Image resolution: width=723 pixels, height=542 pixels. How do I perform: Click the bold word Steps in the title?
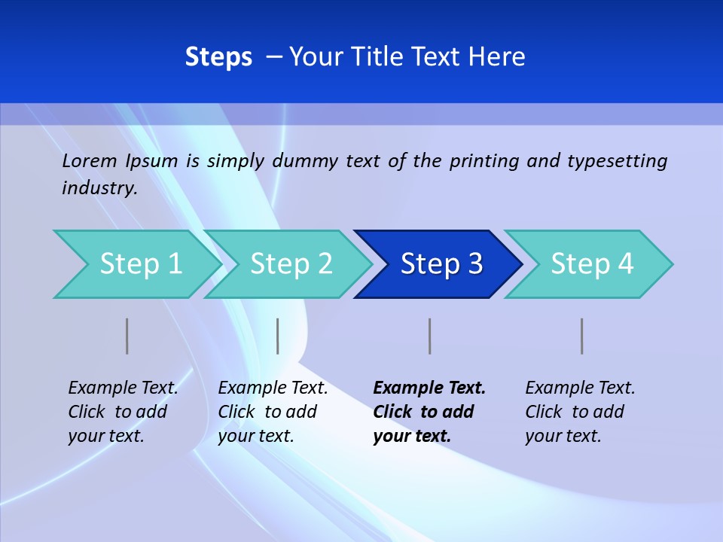coord(218,57)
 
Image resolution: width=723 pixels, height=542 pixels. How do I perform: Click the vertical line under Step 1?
coord(127,336)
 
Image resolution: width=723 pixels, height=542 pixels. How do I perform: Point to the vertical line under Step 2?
coord(278,336)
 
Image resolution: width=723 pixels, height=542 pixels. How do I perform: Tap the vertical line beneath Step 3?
coord(430,336)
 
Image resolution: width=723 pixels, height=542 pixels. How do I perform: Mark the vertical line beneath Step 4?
coord(582,336)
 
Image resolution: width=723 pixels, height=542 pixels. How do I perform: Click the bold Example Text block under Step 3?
coord(428,412)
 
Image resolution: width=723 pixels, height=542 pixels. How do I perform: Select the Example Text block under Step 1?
coord(122,412)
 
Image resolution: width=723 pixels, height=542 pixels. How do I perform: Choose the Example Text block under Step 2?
coord(272,412)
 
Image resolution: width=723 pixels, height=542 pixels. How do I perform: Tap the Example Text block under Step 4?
coord(579,412)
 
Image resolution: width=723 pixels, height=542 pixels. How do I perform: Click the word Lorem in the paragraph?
coord(90,161)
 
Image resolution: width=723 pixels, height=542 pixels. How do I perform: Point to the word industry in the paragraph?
coord(99,188)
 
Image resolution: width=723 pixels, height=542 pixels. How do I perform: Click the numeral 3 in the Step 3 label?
coord(475,264)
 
